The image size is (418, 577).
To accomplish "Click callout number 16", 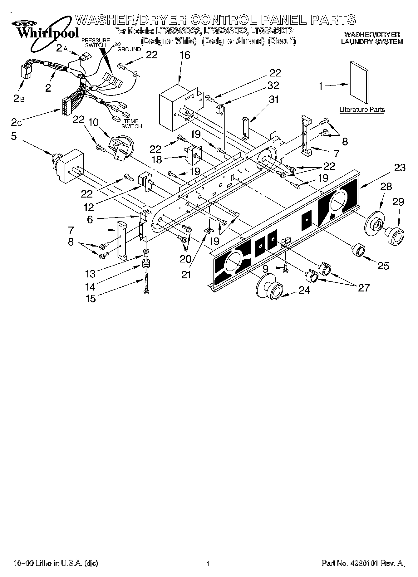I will click(185, 55).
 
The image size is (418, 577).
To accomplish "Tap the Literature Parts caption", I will click(362, 110).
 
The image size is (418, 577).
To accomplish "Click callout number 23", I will click(400, 168).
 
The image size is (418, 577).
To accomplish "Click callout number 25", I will click(383, 265).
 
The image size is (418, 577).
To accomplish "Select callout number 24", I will click(304, 290).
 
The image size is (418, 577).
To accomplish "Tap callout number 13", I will click(90, 274).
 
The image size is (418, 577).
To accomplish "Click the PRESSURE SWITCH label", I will click(96, 43).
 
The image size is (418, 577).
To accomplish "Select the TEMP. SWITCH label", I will click(131, 124).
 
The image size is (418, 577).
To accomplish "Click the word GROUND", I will click(129, 49).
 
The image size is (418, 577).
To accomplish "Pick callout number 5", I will click(14, 136).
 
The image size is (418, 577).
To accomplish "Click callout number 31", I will click(273, 100).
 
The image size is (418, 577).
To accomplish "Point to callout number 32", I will click(273, 85).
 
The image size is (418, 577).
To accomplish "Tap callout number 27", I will click(364, 287).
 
